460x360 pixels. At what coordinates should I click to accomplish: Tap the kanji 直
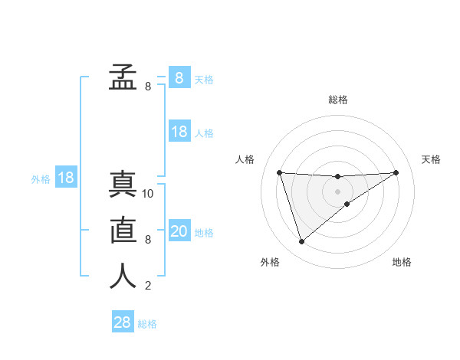123,231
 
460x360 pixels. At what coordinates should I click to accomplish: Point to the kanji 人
123,277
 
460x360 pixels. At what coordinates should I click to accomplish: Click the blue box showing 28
123,322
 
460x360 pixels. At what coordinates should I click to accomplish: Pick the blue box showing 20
179,231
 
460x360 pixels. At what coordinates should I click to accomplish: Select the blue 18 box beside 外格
66,178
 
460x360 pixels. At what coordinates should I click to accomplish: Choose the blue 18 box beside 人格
179,132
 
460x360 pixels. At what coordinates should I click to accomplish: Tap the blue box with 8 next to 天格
179,77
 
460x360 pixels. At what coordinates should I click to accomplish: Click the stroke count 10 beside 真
148,194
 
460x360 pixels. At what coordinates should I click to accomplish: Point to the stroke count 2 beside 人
148,286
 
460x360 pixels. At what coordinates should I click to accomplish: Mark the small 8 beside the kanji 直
148,240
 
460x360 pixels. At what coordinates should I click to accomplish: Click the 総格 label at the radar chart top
338,100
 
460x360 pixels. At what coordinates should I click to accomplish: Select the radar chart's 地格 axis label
402,262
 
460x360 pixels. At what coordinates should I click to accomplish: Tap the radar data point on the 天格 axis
396,172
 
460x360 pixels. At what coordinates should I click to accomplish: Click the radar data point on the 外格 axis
301,242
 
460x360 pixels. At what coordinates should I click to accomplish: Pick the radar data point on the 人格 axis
279,172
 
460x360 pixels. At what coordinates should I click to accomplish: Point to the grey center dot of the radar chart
337,191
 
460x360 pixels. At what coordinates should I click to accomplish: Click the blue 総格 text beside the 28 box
147,324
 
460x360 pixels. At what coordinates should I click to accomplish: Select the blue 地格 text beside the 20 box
204,232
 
